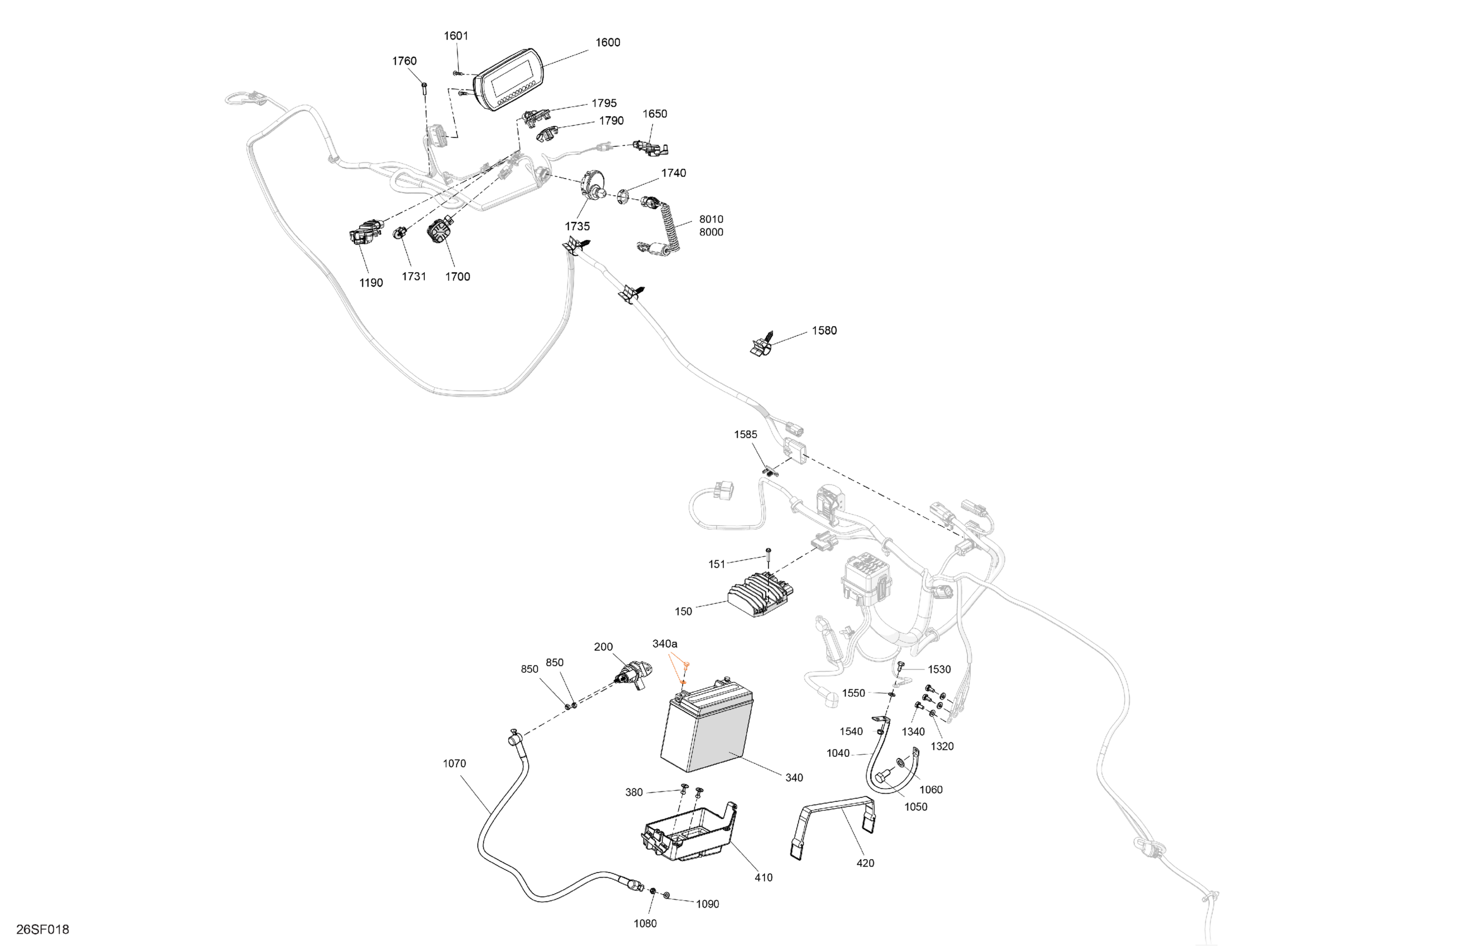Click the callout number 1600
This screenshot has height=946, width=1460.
607,42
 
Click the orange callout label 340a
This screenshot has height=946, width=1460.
664,644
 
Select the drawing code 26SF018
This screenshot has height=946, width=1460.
42,929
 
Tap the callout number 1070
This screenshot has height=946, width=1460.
454,763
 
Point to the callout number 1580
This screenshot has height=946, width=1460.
824,331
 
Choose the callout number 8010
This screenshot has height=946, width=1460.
711,219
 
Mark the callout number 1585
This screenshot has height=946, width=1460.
746,434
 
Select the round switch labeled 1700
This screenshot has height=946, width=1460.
441,233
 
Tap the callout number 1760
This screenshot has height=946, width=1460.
404,61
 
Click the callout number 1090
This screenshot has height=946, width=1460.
707,904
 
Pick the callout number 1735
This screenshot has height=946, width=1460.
577,226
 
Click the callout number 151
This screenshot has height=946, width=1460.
717,564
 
